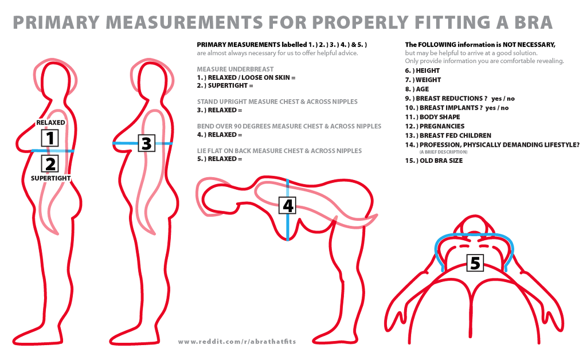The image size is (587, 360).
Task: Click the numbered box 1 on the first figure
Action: pos(50,138)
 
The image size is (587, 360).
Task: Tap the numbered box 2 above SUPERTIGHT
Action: pos(50,164)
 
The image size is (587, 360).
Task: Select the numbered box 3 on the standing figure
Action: pos(146,143)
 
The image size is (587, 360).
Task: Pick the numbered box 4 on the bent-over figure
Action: pos(288,205)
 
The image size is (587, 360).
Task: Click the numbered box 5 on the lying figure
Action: pos(475,263)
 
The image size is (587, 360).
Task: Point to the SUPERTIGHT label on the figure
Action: pos(50,178)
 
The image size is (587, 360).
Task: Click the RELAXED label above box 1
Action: pos(50,122)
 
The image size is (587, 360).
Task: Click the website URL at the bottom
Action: pos(237,342)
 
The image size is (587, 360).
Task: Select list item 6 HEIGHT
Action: pos(422,71)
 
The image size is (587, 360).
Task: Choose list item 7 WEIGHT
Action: pos(423,80)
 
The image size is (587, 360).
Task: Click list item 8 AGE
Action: pos(417,89)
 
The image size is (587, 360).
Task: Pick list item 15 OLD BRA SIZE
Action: pos(434,161)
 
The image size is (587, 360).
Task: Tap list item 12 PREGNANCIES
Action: pos(435,126)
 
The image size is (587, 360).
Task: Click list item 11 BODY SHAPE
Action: pos(432,117)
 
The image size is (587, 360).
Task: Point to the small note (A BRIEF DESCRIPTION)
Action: pos(443,152)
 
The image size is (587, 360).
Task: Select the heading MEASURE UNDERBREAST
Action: pos(235,69)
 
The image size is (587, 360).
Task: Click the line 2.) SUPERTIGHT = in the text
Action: pos(225,85)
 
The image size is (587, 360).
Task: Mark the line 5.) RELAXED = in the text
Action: pos(220,159)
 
